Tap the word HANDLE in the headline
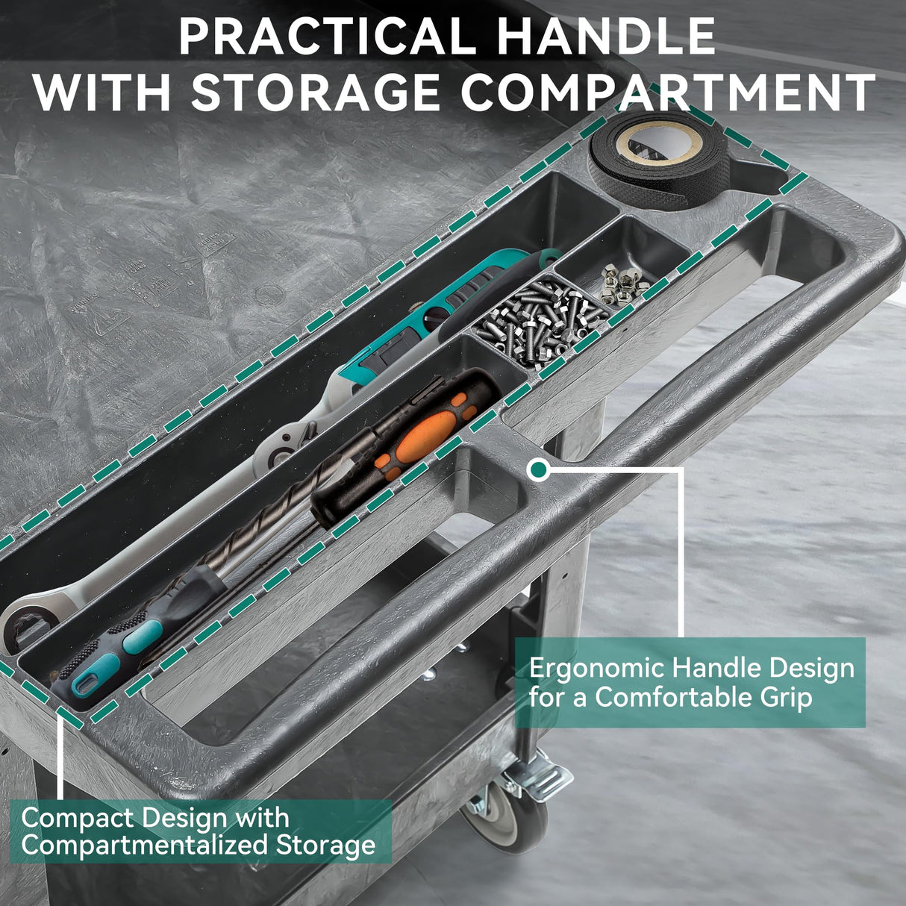point(607,37)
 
